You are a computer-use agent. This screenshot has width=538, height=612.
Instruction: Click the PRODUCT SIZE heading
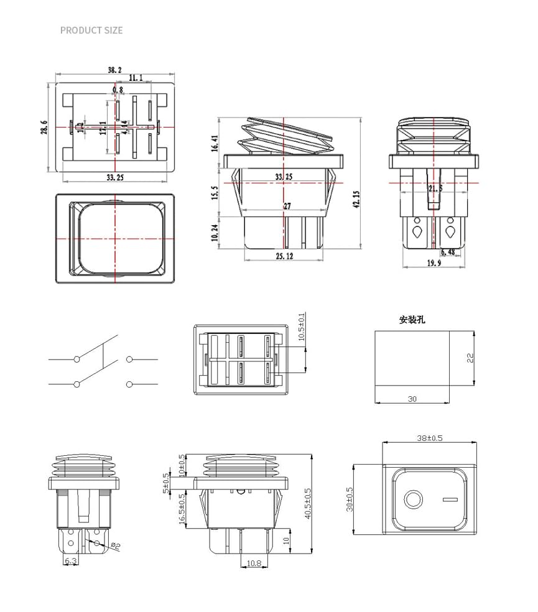click(91, 30)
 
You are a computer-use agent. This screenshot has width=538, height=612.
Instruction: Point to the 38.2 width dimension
click(114, 70)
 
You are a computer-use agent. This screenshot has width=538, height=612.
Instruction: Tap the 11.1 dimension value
click(136, 78)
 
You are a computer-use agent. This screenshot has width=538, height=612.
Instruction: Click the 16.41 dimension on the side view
click(215, 144)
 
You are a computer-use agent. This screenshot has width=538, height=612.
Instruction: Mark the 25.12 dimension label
click(284, 256)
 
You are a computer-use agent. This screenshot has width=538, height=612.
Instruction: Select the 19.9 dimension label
click(434, 263)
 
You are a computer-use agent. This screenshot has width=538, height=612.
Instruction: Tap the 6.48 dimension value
click(448, 252)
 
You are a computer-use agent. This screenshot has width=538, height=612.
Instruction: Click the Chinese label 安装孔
click(412, 320)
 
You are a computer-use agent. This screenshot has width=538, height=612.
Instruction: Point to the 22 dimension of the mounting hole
click(470, 358)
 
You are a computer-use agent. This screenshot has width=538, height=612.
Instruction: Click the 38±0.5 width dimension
click(430, 438)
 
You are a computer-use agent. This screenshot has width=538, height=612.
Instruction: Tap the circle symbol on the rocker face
click(412, 499)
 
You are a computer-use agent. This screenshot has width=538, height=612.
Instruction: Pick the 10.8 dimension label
click(254, 563)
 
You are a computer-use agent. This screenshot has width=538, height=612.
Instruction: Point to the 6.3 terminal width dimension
click(71, 561)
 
